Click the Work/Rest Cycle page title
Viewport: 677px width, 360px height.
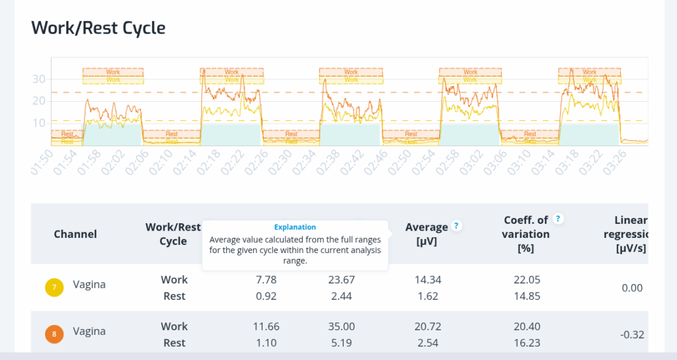(99, 28)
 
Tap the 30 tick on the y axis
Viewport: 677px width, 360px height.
(40, 79)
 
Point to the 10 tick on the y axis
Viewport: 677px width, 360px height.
(40, 123)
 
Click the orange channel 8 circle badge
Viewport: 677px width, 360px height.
(54, 334)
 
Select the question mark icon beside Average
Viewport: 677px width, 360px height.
(456, 226)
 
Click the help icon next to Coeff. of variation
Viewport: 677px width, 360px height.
(558, 219)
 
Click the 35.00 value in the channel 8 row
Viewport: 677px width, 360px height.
(341, 326)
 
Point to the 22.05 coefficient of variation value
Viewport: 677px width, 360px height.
(527, 279)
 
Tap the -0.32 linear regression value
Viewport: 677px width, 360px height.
(632, 335)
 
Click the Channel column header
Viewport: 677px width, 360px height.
(75, 234)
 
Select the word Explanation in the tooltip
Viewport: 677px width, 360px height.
(295, 227)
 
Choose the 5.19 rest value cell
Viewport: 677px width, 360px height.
(341, 343)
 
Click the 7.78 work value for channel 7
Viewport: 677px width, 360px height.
(266, 279)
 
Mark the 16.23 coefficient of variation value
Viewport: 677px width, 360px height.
(527, 343)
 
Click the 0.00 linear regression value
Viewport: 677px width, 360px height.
(632, 288)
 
